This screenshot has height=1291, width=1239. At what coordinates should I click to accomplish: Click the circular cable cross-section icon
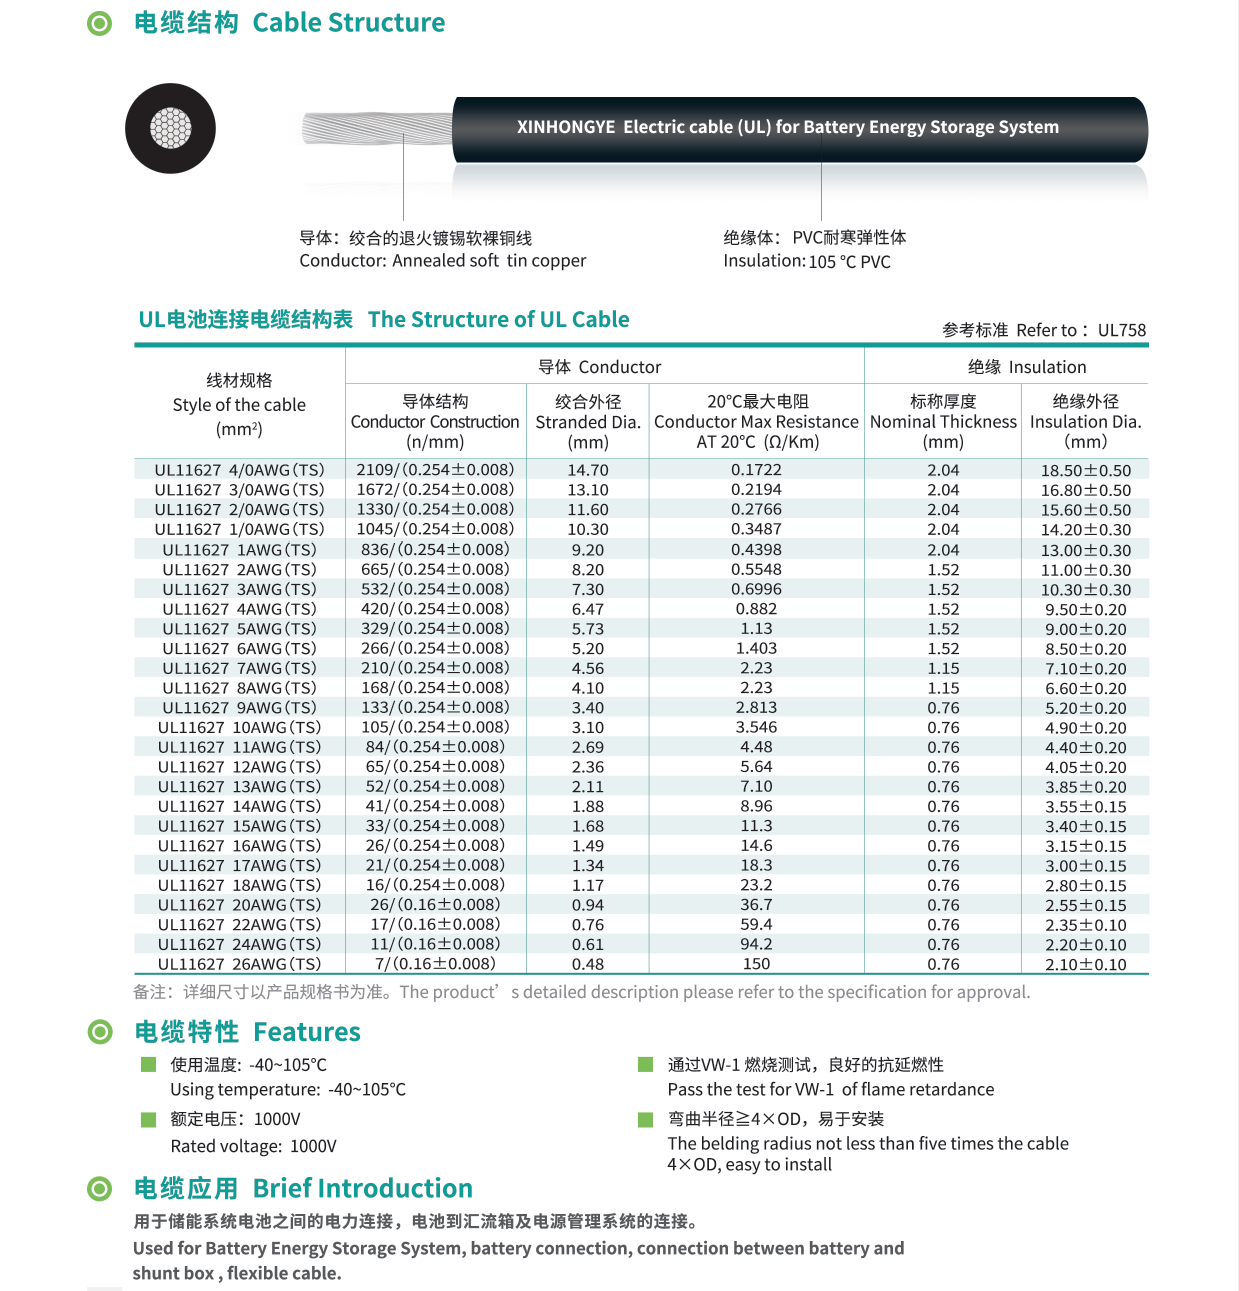170,129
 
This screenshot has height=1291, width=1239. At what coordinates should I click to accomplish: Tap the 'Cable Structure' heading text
348,23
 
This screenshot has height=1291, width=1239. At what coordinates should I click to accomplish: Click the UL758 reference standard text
1121,330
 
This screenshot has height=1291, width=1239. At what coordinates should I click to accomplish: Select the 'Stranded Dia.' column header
588,422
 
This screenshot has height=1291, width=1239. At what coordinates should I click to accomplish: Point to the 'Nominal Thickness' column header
943,422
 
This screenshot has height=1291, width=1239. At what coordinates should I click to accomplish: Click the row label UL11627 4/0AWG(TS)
239,470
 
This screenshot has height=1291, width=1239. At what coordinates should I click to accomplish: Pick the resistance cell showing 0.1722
756,470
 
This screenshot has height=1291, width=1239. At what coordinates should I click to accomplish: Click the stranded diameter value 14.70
588,470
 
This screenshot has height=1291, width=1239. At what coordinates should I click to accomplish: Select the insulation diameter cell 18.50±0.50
1086,470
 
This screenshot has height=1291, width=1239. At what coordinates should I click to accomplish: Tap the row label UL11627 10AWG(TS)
239,728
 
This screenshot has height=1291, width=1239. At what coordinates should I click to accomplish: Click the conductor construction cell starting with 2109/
435,470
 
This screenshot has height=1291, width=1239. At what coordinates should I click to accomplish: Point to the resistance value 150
756,964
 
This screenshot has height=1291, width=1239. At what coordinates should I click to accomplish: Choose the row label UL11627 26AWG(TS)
239,964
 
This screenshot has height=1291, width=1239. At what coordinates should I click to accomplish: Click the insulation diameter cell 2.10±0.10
1086,964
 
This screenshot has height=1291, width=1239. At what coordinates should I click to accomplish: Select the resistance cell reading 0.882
756,609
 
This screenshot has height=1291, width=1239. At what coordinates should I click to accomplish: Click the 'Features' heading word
307,1032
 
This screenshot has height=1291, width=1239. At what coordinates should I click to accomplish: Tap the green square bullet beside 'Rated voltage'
149,1119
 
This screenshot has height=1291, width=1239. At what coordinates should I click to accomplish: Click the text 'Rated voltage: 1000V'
253,1146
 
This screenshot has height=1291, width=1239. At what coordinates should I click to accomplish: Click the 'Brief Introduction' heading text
362,1188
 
